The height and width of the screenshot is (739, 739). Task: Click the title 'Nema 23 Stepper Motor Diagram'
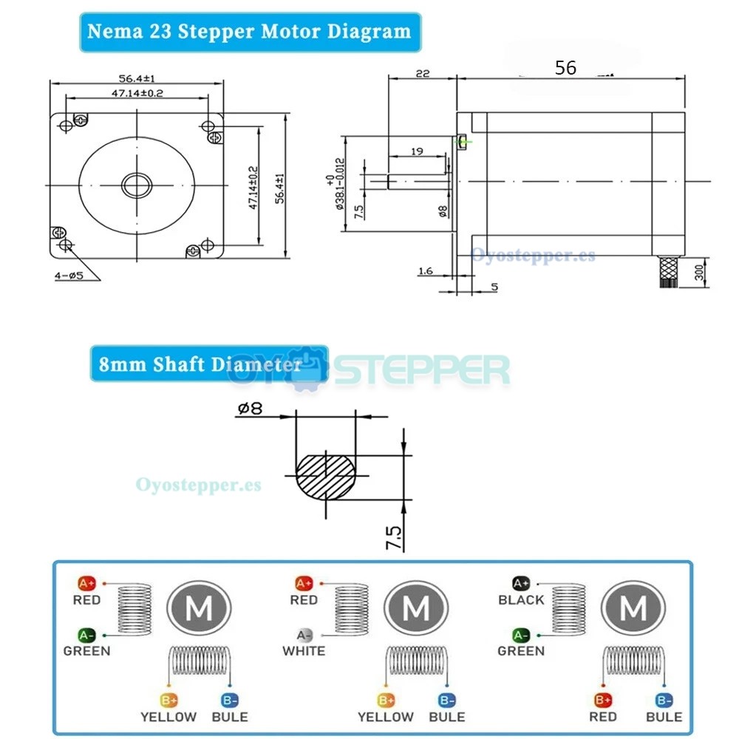point(249,32)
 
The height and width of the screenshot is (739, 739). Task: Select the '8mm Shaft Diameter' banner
point(196,364)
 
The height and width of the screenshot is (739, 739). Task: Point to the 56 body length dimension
point(565,67)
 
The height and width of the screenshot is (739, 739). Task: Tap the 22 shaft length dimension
point(423,73)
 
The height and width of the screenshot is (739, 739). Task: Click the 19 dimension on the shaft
point(416,151)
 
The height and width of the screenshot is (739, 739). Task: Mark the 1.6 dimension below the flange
point(425,271)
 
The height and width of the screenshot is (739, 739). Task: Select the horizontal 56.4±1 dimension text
point(136,78)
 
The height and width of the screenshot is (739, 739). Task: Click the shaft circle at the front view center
point(137,185)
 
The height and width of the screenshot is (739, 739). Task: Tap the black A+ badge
point(521,583)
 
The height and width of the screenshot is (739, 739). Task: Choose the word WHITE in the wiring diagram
point(304,651)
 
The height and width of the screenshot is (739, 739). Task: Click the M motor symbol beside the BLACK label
point(633,609)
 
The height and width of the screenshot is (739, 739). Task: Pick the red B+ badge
point(602,700)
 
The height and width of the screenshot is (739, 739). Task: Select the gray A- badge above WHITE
point(304,635)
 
